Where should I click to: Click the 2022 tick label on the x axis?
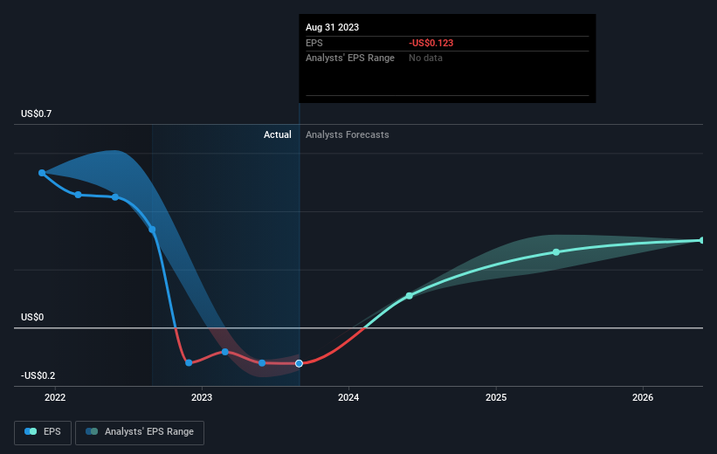tap(55, 397)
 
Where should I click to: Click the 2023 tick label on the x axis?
tap(202, 397)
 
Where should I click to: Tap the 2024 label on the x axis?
tap(348, 397)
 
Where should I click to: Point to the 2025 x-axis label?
tap(496, 397)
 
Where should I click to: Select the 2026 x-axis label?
tap(643, 397)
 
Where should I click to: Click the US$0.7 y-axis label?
tap(36, 113)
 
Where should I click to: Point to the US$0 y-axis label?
tap(32, 317)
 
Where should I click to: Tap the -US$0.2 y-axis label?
tap(38, 375)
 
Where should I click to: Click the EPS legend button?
tap(43, 432)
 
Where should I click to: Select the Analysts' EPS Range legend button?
tap(140, 432)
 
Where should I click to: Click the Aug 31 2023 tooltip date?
tap(333, 27)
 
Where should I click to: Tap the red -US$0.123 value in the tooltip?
tap(431, 43)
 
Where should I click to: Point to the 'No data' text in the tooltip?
tap(425, 58)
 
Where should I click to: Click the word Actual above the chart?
tap(278, 134)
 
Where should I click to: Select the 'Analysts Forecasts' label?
tap(348, 134)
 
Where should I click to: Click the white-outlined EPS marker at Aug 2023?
tap(299, 363)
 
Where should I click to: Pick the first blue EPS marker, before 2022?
tap(42, 173)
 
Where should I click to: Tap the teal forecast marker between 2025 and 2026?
tap(556, 252)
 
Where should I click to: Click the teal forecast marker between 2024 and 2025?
tap(410, 296)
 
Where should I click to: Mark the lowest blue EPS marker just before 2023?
tap(189, 362)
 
